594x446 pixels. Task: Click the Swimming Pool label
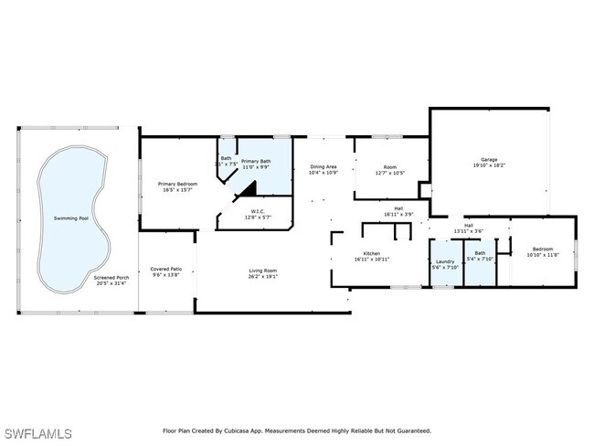pyautogui.click(x=71, y=218)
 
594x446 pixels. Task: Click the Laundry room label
pyautogui.click(x=444, y=263)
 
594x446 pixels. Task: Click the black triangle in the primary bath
pyautogui.click(x=246, y=189)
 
